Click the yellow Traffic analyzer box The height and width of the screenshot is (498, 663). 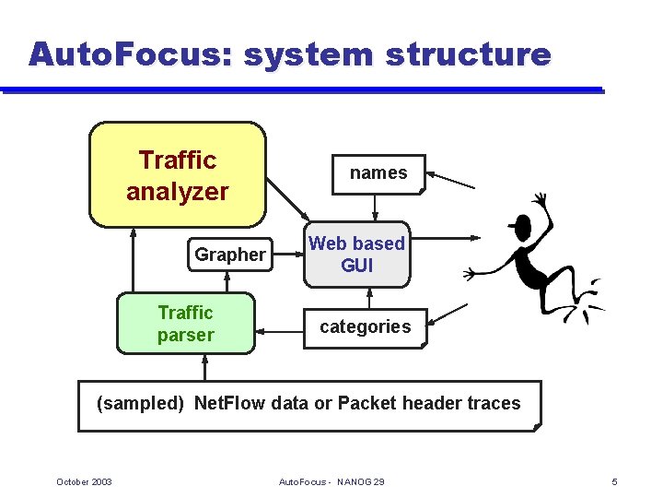click(x=177, y=175)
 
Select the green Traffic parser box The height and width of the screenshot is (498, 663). click(x=184, y=324)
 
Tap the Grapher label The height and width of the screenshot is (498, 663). click(x=229, y=255)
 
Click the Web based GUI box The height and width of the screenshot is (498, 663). click(x=356, y=255)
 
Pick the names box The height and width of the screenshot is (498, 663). click(x=378, y=173)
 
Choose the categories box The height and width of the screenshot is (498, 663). click(x=366, y=327)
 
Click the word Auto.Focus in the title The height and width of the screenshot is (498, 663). click(x=132, y=54)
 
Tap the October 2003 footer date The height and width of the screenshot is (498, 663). click(x=84, y=482)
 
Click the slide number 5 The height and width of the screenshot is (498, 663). click(x=614, y=482)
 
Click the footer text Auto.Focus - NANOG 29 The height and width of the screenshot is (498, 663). click(x=331, y=482)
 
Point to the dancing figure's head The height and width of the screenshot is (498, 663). click(x=520, y=226)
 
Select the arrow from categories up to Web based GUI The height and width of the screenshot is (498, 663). click(x=369, y=297)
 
